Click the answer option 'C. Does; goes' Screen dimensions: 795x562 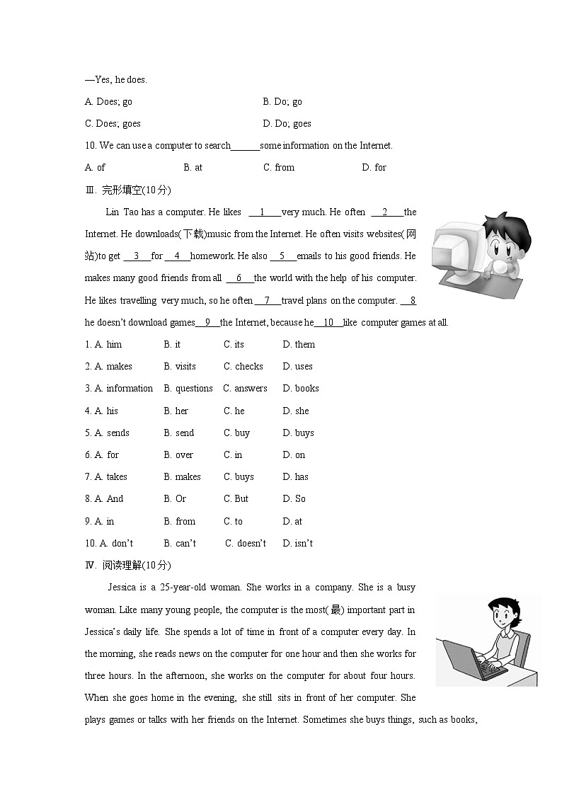point(113,124)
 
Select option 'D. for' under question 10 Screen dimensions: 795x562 point(374,168)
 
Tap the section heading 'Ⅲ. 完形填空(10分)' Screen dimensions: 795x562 point(127,190)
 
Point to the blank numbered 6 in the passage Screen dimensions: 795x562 point(239,278)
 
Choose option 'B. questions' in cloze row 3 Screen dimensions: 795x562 point(188,389)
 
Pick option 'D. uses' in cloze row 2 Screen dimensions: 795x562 point(297,367)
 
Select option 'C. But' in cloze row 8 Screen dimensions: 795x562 point(236,499)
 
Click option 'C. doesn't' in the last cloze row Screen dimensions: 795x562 point(246,544)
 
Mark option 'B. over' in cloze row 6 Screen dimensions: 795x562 point(178,455)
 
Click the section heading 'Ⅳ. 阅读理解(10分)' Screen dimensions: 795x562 point(127,565)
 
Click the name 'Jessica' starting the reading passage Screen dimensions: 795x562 point(122,588)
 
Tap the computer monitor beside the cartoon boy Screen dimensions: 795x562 point(456,251)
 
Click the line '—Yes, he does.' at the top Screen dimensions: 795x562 point(116,80)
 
